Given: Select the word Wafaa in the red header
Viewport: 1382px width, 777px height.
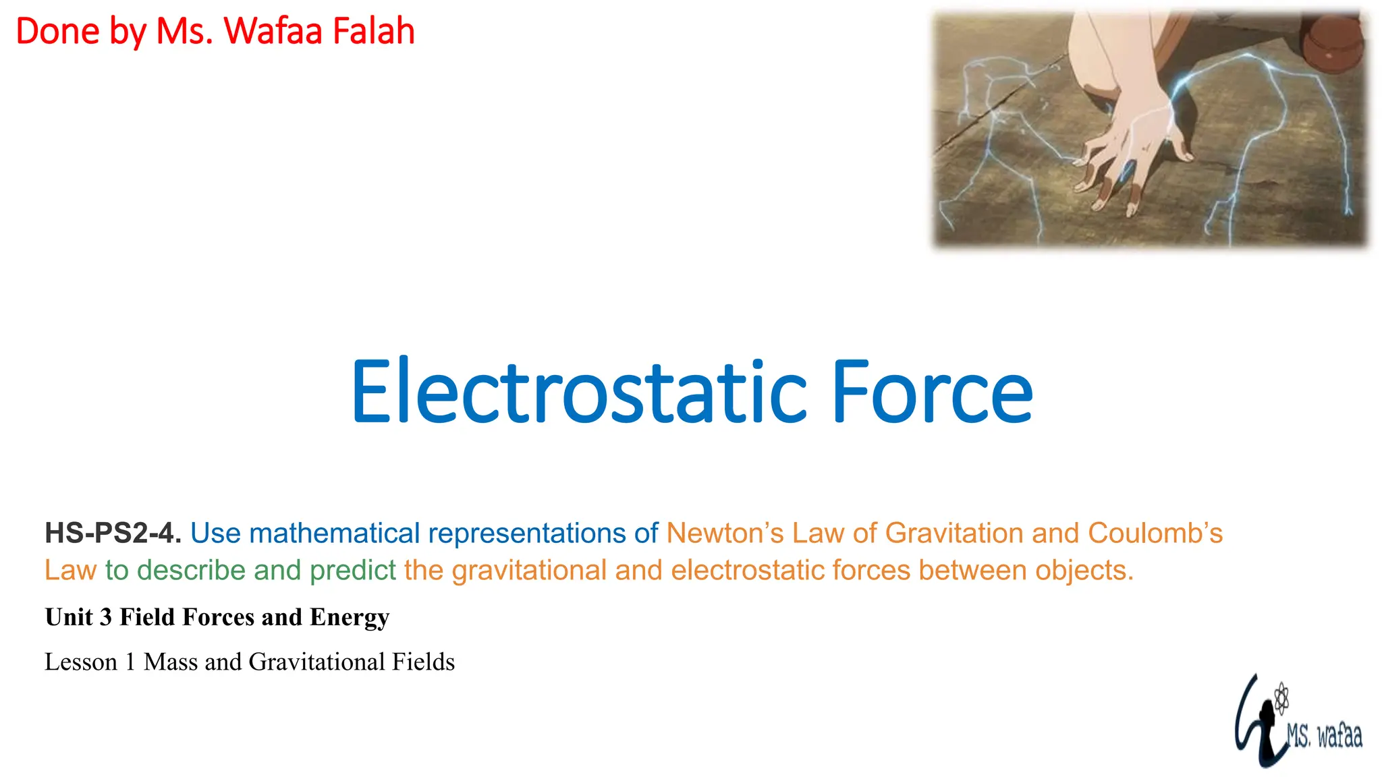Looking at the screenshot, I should (273, 32).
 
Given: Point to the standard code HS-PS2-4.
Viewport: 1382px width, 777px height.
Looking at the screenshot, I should (113, 534).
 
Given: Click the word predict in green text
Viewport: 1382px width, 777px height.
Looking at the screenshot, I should (352, 571).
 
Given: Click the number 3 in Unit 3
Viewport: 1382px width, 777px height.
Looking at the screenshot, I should (106, 617).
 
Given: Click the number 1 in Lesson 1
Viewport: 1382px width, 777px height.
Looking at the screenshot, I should (130, 662).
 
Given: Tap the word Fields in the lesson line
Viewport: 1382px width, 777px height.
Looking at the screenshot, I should (423, 662).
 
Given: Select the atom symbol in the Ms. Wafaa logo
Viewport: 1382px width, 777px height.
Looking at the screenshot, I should (1281, 698).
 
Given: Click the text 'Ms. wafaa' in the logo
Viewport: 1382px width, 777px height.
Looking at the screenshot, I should (1324, 735).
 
